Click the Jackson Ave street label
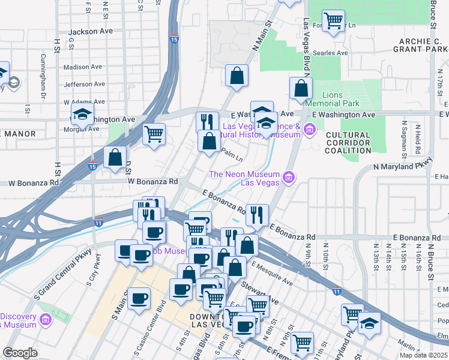coord(91,32)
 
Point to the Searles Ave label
coord(334,53)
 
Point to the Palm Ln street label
coord(231,155)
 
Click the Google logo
coord(20,353)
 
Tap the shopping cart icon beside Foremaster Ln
coord(332,21)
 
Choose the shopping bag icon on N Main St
coord(237,76)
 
